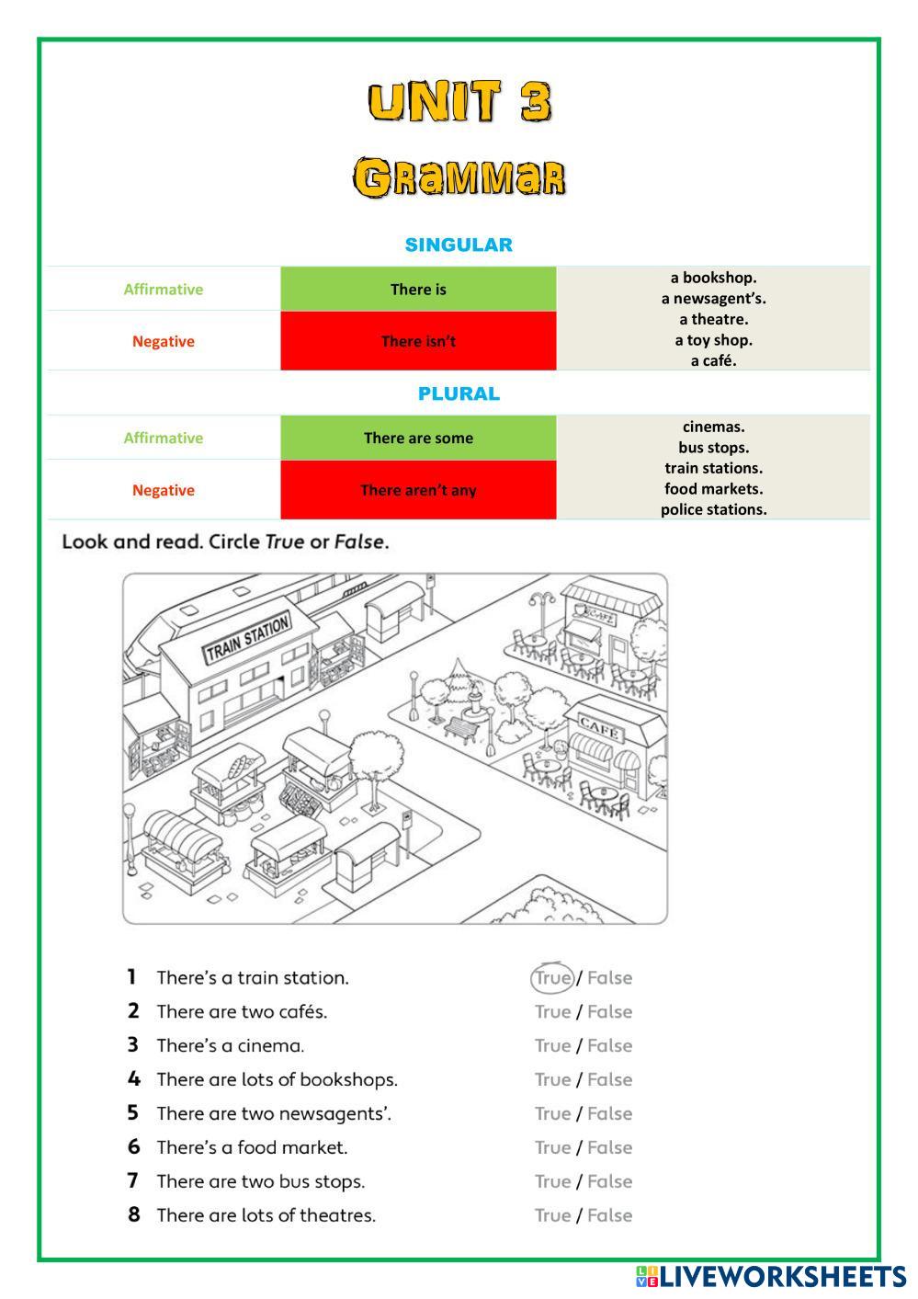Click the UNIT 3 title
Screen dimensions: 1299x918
[x=459, y=101]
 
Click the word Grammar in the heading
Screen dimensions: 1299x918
[x=459, y=177]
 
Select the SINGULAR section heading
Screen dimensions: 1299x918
[x=459, y=245]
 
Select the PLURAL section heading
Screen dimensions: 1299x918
[x=459, y=393]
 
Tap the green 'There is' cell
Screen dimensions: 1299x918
[x=418, y=290]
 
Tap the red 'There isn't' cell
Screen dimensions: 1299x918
[x=418, y=341]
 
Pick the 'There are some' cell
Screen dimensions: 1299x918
[x=418, y=438]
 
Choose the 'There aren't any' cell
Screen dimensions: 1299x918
[x=418, y=490]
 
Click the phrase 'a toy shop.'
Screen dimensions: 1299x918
[x=713, y=340]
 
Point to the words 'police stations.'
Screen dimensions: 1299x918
[x=713, y=509]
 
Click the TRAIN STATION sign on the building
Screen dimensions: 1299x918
[x=247, y=638]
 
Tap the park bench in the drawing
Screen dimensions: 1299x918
[x=462, y=727]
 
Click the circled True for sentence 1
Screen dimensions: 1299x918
[x=553, y=978]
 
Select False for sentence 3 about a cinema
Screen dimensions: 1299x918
[x=609, y=1045]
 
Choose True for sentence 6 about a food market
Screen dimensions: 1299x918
[x=553, y=1147]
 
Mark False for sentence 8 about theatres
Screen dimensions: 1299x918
[x=609, y=1215]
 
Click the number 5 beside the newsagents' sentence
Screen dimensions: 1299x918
[x=133, y=1113]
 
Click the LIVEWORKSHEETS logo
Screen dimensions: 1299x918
[x=770, y=1276]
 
